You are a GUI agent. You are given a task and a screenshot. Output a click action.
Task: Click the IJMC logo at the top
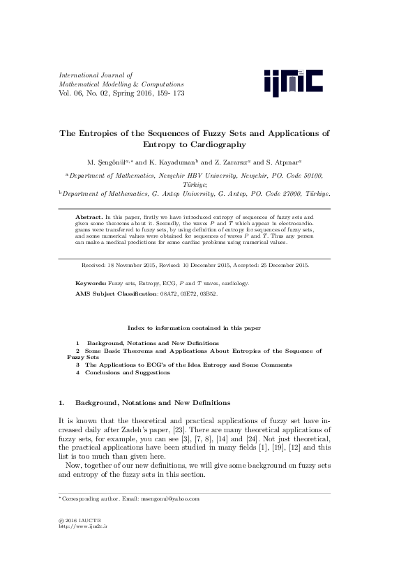[294, 82]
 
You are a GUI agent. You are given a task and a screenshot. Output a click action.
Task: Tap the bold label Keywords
[90, 284]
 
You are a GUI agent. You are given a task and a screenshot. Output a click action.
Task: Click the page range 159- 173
[170, 92]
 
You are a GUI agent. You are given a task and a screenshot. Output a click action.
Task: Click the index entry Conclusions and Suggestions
[127, 372]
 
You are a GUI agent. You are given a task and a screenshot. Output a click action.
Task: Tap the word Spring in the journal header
[122, 92]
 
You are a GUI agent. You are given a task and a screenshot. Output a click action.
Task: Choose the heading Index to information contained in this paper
[194, 327]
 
